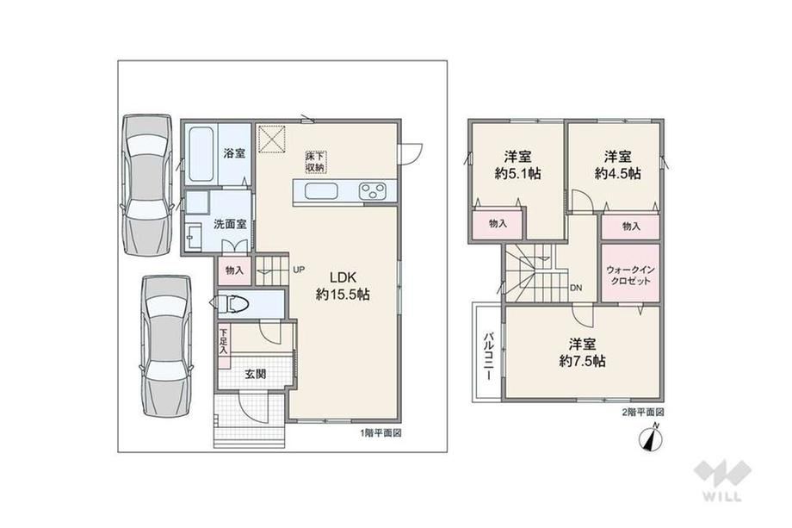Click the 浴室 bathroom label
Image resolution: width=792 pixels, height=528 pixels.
(x=234, y=153)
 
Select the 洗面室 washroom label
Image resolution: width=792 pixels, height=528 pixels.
(x=230, y=224)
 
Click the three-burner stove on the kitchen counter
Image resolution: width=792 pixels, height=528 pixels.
(x=372, y=192)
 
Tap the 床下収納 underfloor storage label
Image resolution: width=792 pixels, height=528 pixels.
(x=314, y=161)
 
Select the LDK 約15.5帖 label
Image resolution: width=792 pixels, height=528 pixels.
(x=343, y=285)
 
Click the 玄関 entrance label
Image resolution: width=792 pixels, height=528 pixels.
(x=255, y=375)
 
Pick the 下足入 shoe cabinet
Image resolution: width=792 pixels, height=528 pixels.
(x=223, y=342)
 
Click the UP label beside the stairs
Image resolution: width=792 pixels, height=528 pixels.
(x=299, y=270)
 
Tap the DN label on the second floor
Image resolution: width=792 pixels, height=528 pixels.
(x=576, y=288)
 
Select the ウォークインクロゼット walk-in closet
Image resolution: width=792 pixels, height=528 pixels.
(x=630, y=273)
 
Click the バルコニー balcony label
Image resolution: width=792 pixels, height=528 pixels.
(x=488, y=357)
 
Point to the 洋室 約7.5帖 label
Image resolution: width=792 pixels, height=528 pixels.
(x=582, y=352)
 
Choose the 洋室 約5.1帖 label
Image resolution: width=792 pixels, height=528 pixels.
(x=517, y=165)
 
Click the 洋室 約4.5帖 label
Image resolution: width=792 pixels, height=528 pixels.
(x=618, y=165)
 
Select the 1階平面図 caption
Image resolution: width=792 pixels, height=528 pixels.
(x=381, y=433)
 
